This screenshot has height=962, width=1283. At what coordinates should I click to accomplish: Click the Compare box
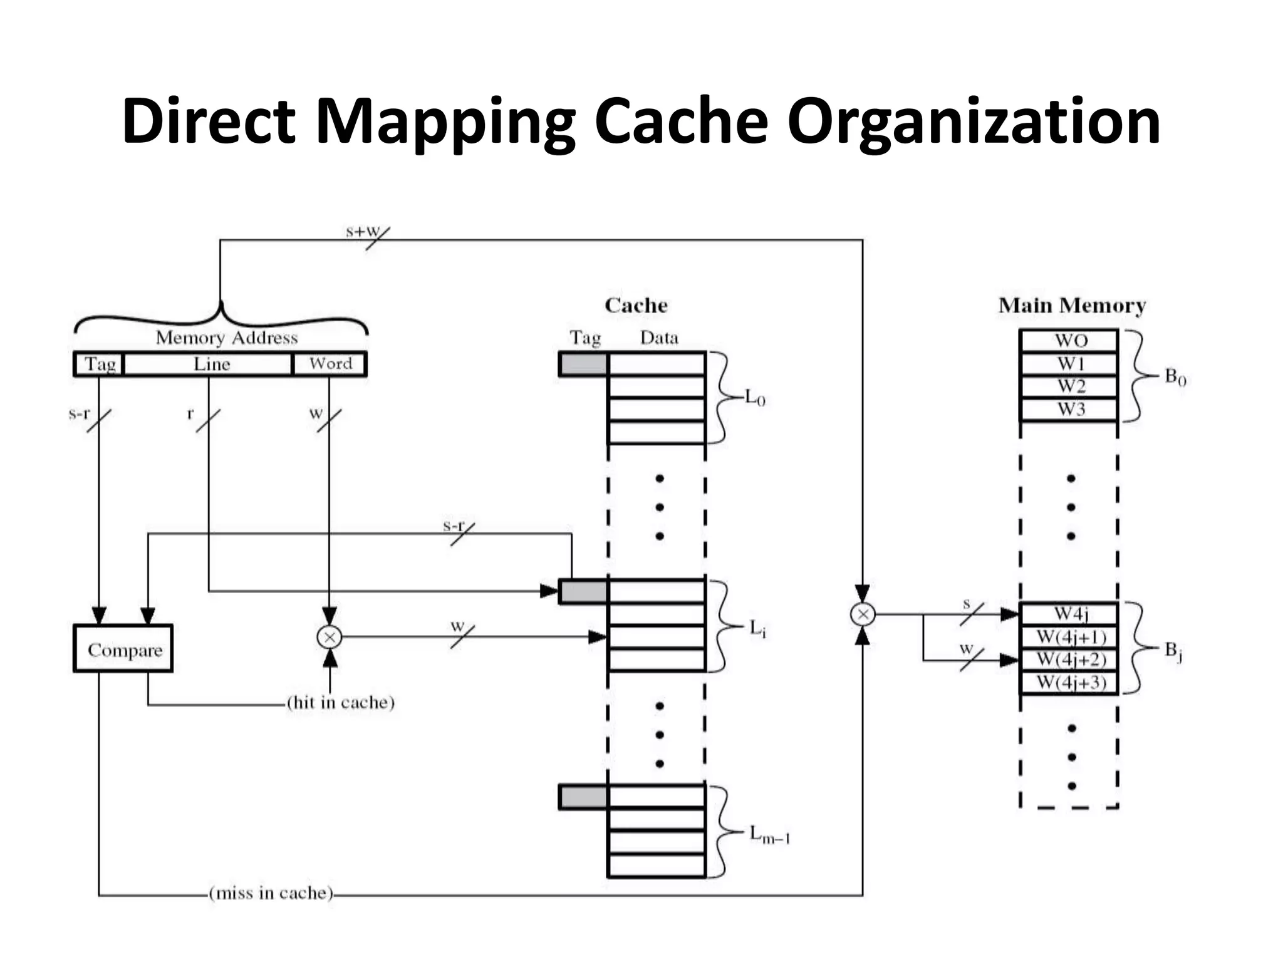123,649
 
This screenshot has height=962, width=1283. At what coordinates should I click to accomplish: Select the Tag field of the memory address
99,364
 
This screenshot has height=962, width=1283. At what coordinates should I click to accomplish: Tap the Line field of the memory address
209,364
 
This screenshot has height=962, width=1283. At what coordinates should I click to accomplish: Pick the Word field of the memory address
330,364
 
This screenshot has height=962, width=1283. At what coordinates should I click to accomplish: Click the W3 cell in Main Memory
1069,410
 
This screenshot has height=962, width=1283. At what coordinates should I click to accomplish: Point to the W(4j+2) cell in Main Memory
1069,659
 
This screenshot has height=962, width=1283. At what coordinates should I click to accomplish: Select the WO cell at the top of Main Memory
1069,341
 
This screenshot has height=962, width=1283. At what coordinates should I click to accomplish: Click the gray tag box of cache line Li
583,591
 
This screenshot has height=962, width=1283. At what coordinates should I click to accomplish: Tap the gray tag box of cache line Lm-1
583,797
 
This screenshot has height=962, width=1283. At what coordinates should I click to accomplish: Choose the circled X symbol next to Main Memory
863,614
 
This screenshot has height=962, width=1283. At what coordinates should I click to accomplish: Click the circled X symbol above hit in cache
330,638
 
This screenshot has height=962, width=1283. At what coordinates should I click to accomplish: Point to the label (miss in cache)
271,892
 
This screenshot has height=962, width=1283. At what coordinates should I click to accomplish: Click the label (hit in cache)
341,702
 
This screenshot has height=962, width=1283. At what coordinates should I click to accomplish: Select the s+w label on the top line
363,231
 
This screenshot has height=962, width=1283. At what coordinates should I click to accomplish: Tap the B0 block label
1175,377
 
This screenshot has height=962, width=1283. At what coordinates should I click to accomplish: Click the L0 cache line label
755,398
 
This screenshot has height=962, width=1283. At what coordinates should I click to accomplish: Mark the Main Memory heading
1072,306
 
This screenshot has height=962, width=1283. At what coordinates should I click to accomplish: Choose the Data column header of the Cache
659,338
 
